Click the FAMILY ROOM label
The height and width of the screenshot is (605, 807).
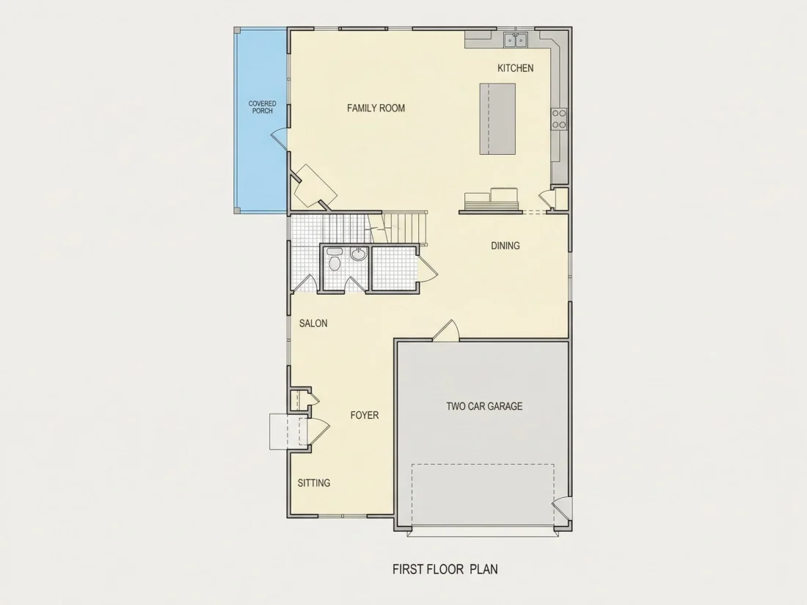(376, 108)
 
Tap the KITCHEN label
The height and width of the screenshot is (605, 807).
(515, 68)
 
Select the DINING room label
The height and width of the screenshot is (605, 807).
(505, 246)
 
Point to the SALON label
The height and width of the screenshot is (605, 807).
(313, 323)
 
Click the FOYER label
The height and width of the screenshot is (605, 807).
(365, 415)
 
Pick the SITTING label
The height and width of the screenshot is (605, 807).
(314, 483)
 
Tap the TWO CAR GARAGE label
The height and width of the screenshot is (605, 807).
(484, 406)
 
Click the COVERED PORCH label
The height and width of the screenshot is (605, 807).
(263, 107)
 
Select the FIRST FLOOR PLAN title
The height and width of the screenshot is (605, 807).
(445, 569)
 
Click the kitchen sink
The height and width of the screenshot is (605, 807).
(515, 39)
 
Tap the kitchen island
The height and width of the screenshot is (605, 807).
(497, 119)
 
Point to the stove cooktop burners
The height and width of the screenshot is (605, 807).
(560, 119)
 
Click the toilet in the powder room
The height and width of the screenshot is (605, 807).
(335, 260)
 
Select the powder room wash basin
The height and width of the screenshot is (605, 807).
(359, 254)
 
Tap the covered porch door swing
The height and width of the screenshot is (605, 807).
(280, 139)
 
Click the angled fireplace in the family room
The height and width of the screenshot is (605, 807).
(315, 186)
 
